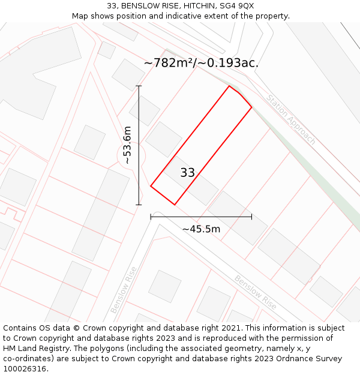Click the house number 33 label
187,173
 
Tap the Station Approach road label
291,119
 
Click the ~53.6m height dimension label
127,145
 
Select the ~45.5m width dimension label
201,229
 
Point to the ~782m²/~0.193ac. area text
201,63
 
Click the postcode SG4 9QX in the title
237,6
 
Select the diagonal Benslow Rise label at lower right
256,292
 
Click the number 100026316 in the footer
25,368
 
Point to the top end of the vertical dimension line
139,86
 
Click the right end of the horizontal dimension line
251,217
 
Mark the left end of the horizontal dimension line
151,217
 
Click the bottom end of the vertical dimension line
139,205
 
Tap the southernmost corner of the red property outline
175,205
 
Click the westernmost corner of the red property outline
151,186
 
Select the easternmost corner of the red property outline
251,108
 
